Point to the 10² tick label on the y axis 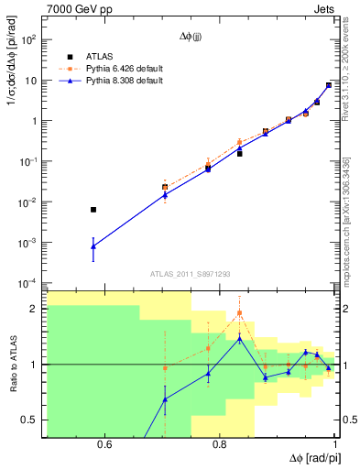(29, 40)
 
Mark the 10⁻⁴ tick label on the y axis (29, 283)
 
